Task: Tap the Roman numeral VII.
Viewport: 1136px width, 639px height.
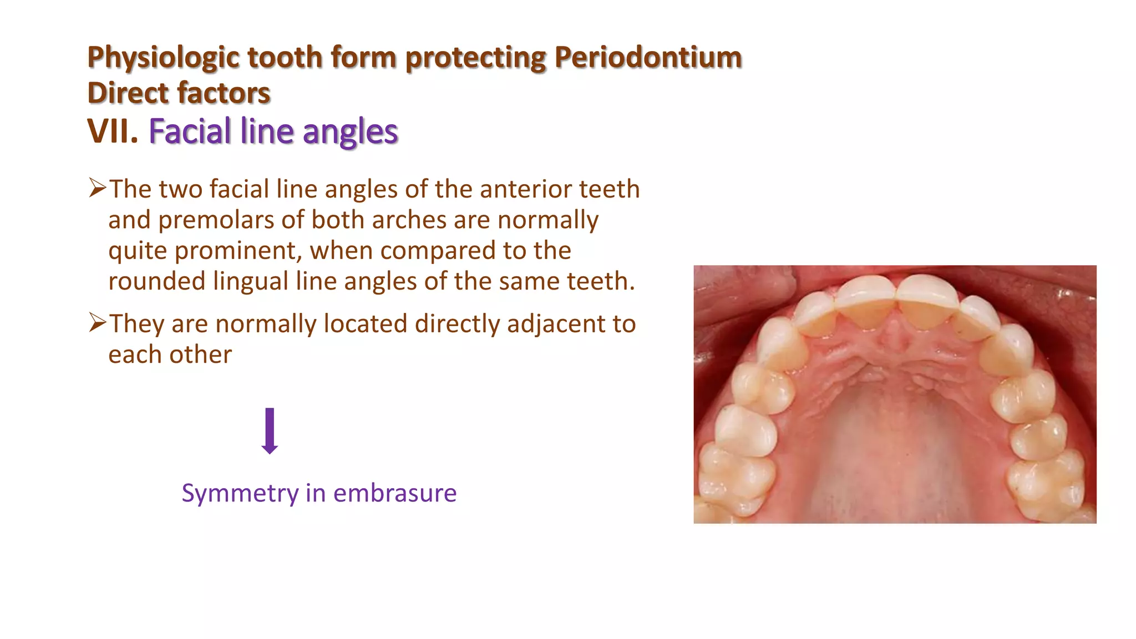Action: click(113, 131)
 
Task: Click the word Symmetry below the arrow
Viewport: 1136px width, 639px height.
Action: click(240, 493)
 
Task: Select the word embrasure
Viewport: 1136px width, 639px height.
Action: click(394, 493)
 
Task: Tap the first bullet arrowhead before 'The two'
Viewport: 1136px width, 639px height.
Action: click(97, 188)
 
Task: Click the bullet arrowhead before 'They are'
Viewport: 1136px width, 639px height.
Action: click(97, 323)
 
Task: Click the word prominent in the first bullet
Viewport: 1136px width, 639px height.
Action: click(239, 251)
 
